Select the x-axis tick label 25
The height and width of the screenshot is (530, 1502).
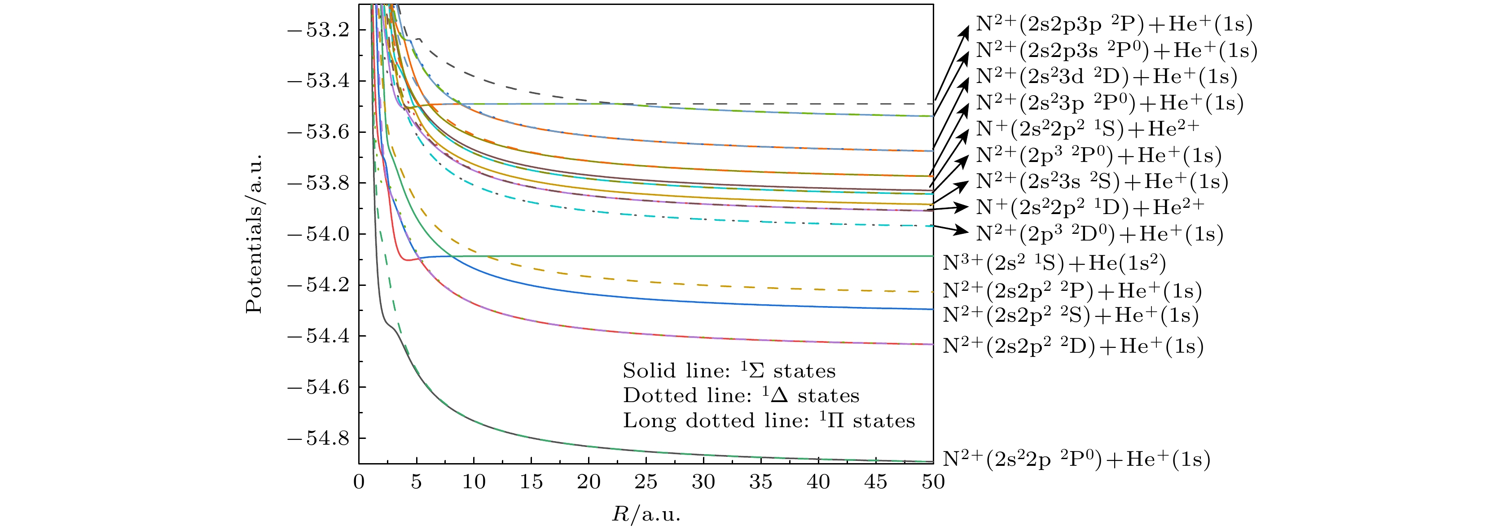[x=646, y=482]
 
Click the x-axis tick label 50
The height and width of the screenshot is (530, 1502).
[x=933, y=482]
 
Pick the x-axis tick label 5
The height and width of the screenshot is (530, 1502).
[x=416, y=482]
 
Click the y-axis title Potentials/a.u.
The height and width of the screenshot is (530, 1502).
[x=254, y=234]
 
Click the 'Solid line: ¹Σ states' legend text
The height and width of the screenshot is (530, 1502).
[x=729, y=371]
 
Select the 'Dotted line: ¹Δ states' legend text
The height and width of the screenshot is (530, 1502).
[x=741, y=396]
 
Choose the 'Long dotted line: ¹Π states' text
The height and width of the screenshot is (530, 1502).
[x=769, y=421]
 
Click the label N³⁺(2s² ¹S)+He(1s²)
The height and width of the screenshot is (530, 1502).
[x=1054, y=263]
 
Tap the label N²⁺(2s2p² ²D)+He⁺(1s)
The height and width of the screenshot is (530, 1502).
[x=1073, y=346]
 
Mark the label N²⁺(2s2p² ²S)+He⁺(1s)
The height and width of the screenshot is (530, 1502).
[x=1071, y=315]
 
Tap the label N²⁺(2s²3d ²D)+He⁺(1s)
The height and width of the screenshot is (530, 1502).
[x=1107, y=76]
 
